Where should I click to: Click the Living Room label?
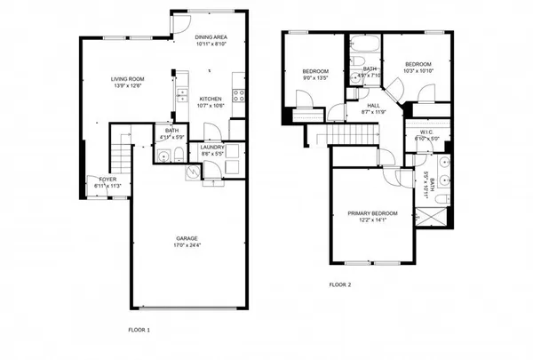click(127, 79)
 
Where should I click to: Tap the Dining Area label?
click(211, 36)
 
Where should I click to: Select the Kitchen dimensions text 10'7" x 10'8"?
click(210, 106)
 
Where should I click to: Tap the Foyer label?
click(108, 180)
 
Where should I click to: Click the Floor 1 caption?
click(139, 330)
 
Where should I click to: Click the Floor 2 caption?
click(340, 285)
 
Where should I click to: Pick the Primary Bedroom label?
click(372, 213)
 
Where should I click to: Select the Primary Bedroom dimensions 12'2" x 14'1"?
click(372, 220)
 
